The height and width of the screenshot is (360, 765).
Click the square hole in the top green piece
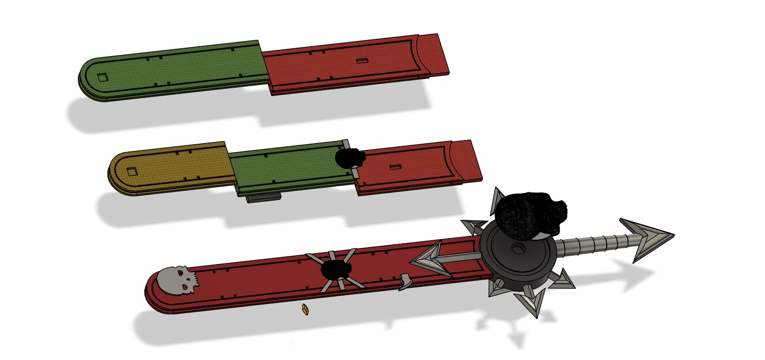pyautogui.click(x=103, y=77)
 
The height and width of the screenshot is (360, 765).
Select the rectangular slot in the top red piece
pyautogui.click(x=362, y=61)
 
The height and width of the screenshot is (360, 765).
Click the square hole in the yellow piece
pyautogui.click(x=132, y=171)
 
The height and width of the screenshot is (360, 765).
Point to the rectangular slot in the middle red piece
pyautogui.click(x=395, y=168)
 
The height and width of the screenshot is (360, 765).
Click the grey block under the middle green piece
pyautogui.click(x=264, y=198)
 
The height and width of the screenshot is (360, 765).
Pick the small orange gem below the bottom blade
pyautogui.click(x=306, y=310)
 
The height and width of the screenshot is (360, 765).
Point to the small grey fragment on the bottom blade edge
pyautogui.click(x=405, y=282)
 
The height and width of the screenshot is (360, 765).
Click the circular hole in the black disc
pyautogui.click(x=517, y=250)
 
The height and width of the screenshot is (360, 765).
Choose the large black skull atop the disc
pyautogui.click(x=529, y=214)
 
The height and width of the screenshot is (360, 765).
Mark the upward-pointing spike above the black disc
pyautogui.click(x=496, y=200)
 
